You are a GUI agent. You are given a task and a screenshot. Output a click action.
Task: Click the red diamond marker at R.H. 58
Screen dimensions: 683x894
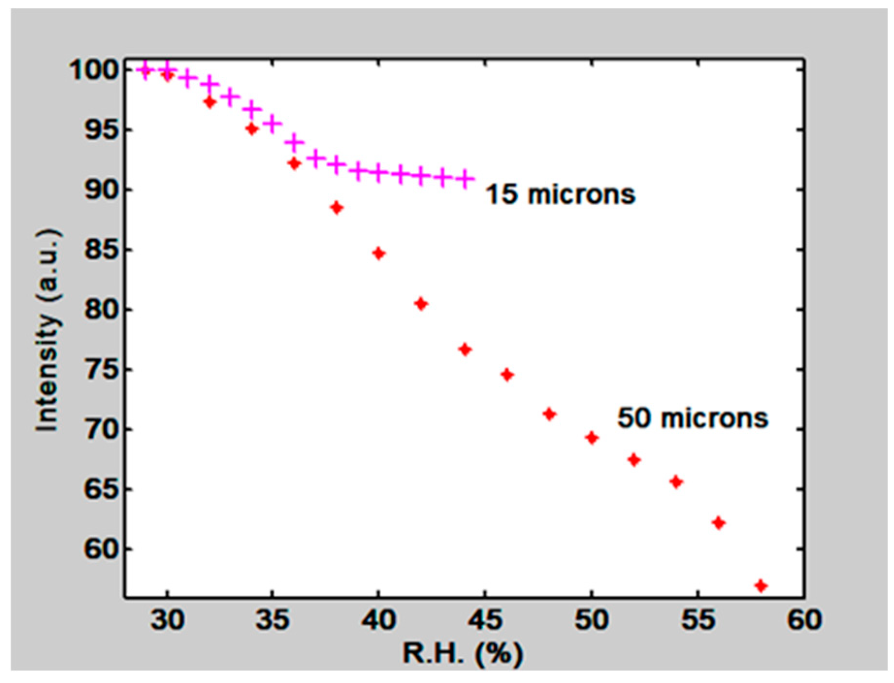point(761,586)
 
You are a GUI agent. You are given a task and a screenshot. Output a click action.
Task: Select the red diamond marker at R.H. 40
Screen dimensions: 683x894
point(379,254)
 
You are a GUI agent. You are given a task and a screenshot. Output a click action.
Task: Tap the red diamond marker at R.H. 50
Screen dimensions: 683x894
point(591,438)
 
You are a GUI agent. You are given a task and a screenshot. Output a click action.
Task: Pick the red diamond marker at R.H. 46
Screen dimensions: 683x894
point(507,375)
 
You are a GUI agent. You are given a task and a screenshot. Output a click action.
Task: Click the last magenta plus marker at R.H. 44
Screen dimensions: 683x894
point(465,179)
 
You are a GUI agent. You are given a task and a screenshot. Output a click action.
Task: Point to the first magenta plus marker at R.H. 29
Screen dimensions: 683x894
point(145,71)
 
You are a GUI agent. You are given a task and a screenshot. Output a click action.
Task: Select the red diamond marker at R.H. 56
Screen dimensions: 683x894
point(719,523)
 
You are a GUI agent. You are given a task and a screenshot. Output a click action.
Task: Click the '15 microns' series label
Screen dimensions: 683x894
point(560,194)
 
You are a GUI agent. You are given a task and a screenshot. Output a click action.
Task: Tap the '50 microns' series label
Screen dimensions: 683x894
point(693,418)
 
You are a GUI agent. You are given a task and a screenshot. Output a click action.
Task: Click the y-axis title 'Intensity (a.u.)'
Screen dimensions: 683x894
point(48,330)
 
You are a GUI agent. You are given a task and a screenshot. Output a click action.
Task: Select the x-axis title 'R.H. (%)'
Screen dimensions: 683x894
point(463,653)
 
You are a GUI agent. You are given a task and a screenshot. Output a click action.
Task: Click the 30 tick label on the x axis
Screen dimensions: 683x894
point(167,620)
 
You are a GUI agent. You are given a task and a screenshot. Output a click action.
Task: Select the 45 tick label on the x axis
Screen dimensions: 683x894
point(485,620)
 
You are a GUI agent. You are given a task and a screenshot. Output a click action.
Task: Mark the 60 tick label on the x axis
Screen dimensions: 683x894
point(804,620)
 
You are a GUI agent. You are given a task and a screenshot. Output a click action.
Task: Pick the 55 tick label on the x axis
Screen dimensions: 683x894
point(698,620)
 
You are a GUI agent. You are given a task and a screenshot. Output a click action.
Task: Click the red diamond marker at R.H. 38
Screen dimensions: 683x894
point(337,208)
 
